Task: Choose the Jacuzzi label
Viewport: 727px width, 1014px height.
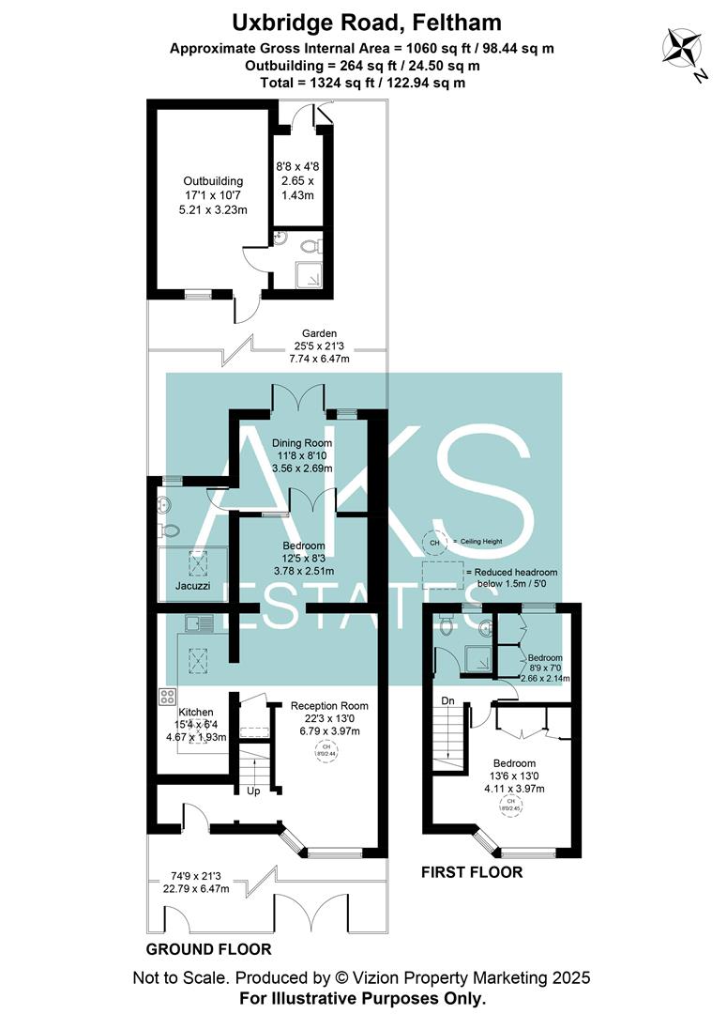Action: (192, 587)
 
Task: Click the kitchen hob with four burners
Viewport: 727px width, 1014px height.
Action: (169, 697)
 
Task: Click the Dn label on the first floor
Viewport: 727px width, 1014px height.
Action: (447, 700)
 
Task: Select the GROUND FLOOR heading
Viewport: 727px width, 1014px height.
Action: (208, 949)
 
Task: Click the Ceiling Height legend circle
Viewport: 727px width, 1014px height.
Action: (433, 543)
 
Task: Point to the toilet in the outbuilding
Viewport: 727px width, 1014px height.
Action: (309, 247)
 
